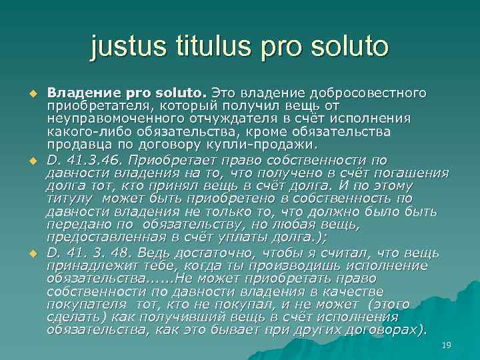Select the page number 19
(447, 344)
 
